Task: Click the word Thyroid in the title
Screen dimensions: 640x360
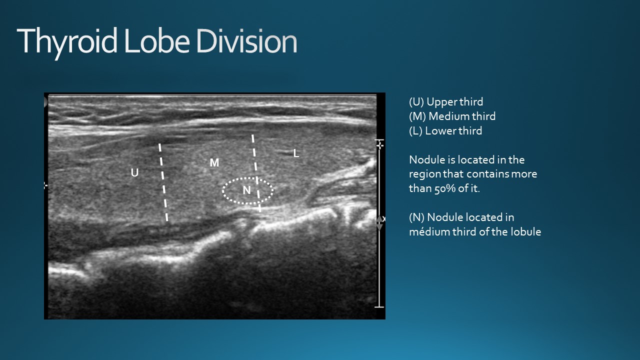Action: [67, 41]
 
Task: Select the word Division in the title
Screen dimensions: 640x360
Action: [247, 41]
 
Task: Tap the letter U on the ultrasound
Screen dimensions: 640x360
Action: [134, 172]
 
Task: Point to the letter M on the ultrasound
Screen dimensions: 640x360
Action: [214, 163]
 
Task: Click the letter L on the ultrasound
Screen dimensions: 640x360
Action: [296, 153]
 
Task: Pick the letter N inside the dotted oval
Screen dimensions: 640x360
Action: [246, 190]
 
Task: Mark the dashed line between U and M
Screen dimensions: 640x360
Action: [163, 182]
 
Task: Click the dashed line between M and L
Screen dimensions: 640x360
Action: [256, 173]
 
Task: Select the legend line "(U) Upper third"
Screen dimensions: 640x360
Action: [446, 102]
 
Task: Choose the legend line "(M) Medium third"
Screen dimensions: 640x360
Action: [452, 116]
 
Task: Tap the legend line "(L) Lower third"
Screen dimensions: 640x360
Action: [445, 131]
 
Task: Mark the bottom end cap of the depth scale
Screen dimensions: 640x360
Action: [379, 307]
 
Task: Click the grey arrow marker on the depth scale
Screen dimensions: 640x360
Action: [379, 223]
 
